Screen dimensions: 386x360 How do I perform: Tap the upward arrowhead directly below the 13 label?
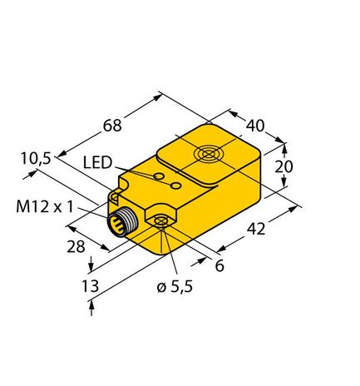pos(91,307)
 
